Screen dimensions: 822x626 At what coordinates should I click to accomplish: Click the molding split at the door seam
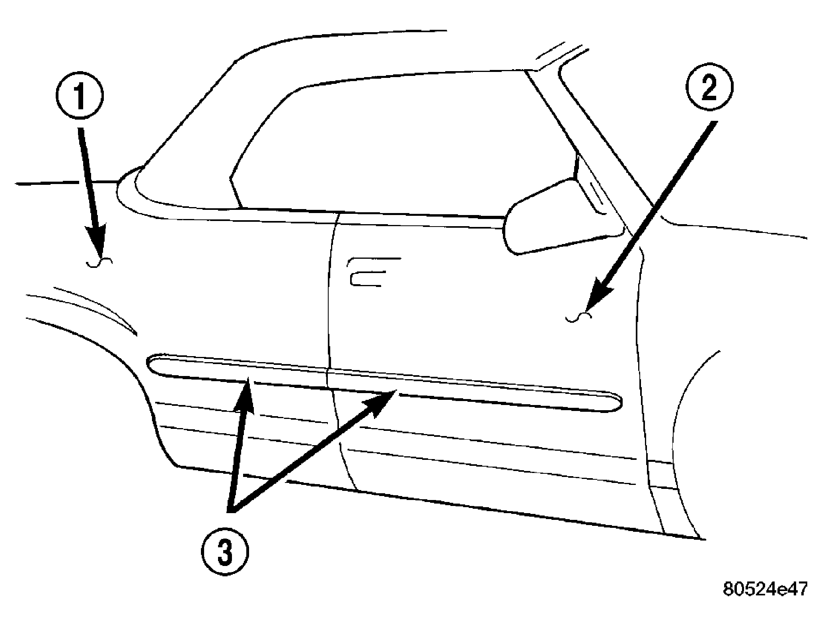pyautogui.click(x=329, y=380)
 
